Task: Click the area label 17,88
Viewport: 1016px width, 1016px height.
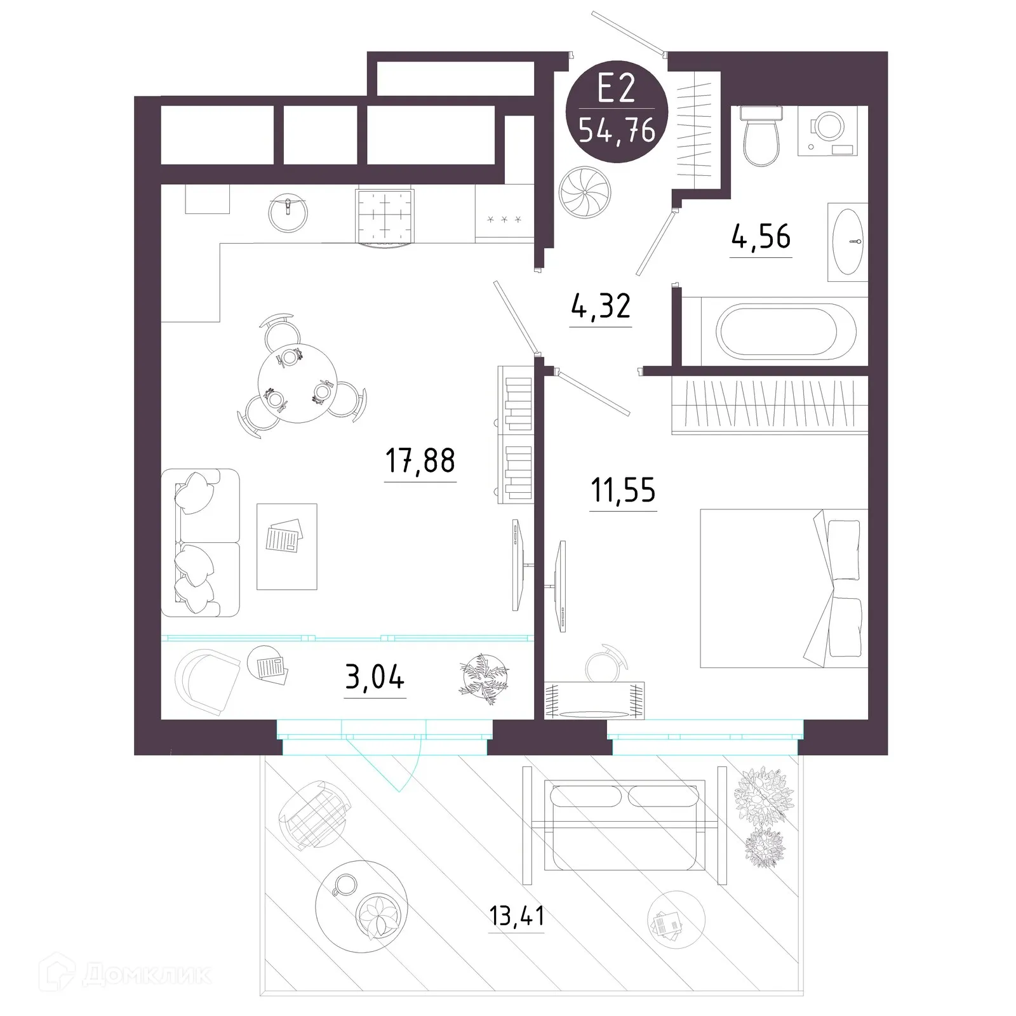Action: click(x=420, y=460)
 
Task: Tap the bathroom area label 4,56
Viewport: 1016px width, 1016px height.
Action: click(x=761, y=237)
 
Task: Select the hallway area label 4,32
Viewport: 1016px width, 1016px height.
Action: click(x=600, y=307)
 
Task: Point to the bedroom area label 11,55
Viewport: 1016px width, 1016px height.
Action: click(x=623, y=490)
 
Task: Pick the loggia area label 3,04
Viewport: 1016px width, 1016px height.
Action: click(x=375, y=678)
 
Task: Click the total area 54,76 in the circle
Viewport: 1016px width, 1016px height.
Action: click(x=617, y=131)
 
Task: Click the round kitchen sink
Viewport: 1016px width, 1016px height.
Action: click(x=288, y=212)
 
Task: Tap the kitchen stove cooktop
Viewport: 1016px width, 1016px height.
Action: click(x=385, y=216)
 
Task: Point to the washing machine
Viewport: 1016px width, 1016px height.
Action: click(x=827, y=130)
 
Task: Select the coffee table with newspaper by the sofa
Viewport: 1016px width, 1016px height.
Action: click(x=286, y=546)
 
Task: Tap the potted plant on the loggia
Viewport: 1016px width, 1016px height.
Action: click(x=485, y=678)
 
